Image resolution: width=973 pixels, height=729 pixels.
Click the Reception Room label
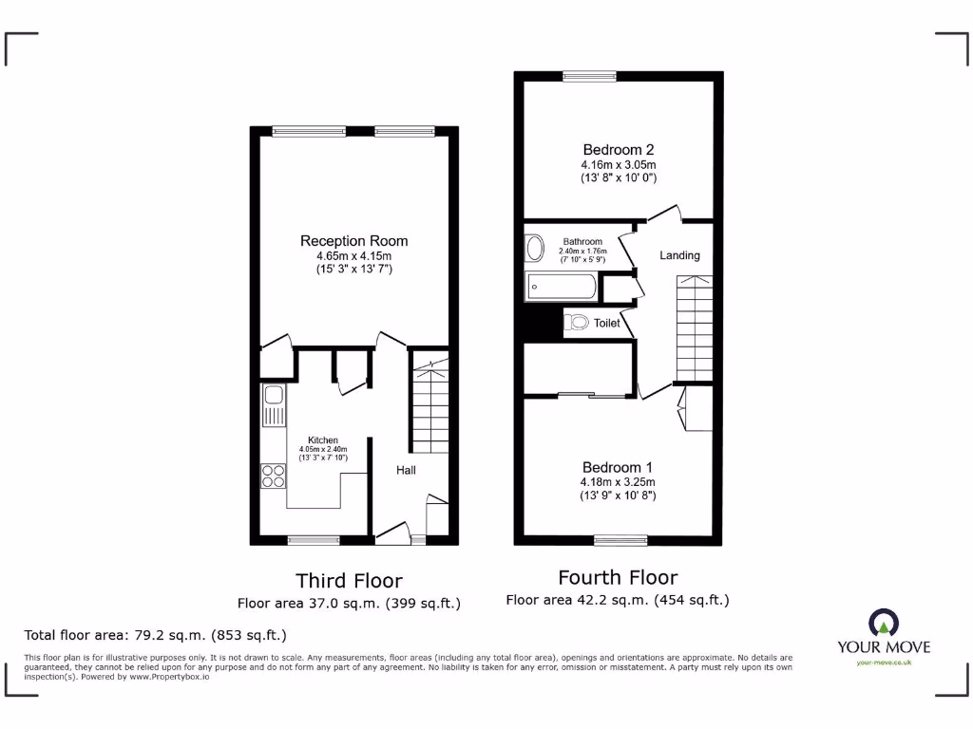(x=353, y=241)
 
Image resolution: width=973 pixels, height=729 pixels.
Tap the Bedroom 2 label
(x=618, y=149)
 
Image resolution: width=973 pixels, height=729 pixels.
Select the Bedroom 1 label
(x=618, y=467)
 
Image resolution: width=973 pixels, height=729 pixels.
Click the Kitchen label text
(x=322, y=440)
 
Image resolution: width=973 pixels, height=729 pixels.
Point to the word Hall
(x=406, y=470)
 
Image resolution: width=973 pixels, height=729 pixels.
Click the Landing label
(x=679, y=255)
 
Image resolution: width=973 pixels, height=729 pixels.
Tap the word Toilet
(x=607, y=324)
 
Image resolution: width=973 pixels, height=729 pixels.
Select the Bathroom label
(x=582, y=242)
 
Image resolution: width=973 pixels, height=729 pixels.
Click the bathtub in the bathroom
(x=562, y=285)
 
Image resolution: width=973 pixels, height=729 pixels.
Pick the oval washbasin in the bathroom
(x=535, y=249)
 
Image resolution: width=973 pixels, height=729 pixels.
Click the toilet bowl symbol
(x=577, y=324)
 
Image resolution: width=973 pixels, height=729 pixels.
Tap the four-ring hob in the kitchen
(x=274, y=475)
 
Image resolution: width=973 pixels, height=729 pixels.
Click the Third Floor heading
(x=349, y=581)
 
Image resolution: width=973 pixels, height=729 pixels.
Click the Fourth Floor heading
(x=618, y=577)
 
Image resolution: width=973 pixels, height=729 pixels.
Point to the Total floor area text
(x=154, y=635)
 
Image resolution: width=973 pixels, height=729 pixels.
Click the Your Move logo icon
(x=883, y=623)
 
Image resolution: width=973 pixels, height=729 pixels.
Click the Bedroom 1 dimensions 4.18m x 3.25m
(x=618, y=482)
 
